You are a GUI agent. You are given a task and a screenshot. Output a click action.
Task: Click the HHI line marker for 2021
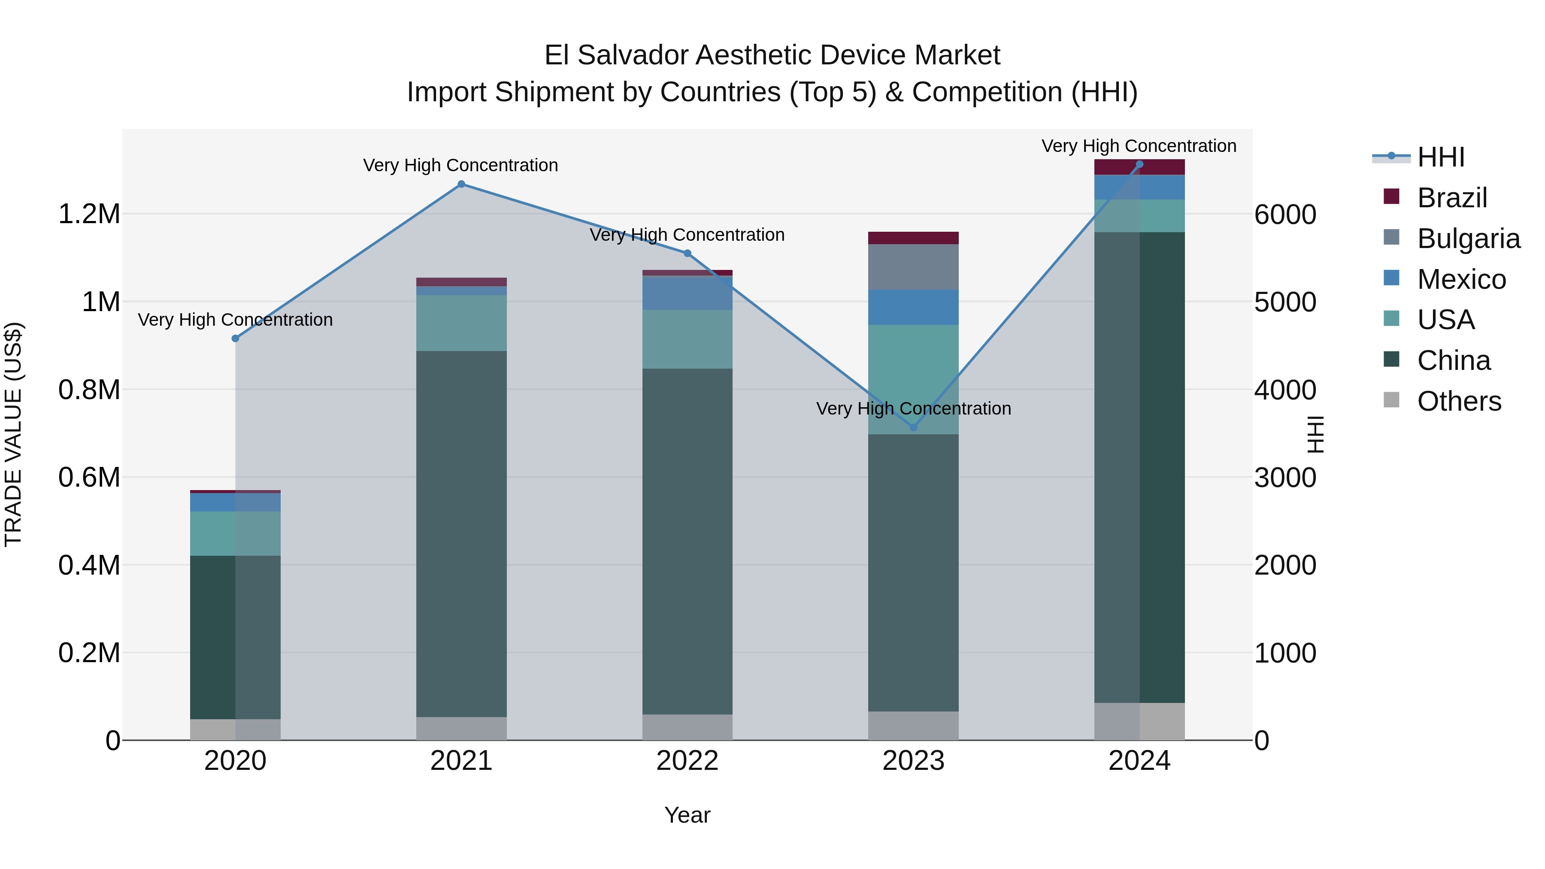tap(461, 184)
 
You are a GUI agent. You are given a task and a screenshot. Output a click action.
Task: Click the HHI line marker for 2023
tap(913, 427)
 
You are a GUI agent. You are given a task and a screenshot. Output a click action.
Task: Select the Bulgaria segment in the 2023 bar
tap(913, 267)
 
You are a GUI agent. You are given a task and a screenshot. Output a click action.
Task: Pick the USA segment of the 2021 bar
tap(461, 323)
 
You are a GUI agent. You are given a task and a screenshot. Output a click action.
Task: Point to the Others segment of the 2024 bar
tap(1139, 721)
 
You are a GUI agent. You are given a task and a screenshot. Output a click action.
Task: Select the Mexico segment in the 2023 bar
tap(913, 307)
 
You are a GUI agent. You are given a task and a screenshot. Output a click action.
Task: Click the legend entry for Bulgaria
tap(1468, 239)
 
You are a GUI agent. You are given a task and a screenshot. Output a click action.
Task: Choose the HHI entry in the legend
tap(1441, 157)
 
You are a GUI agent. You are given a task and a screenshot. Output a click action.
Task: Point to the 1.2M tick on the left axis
tap(89, 214)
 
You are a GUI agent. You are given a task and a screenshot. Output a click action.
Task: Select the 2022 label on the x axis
tap(688, 761)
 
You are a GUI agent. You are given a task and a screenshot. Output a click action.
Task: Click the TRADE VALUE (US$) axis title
tap(13, 434)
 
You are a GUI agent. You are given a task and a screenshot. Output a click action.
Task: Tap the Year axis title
tap(688, 815)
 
